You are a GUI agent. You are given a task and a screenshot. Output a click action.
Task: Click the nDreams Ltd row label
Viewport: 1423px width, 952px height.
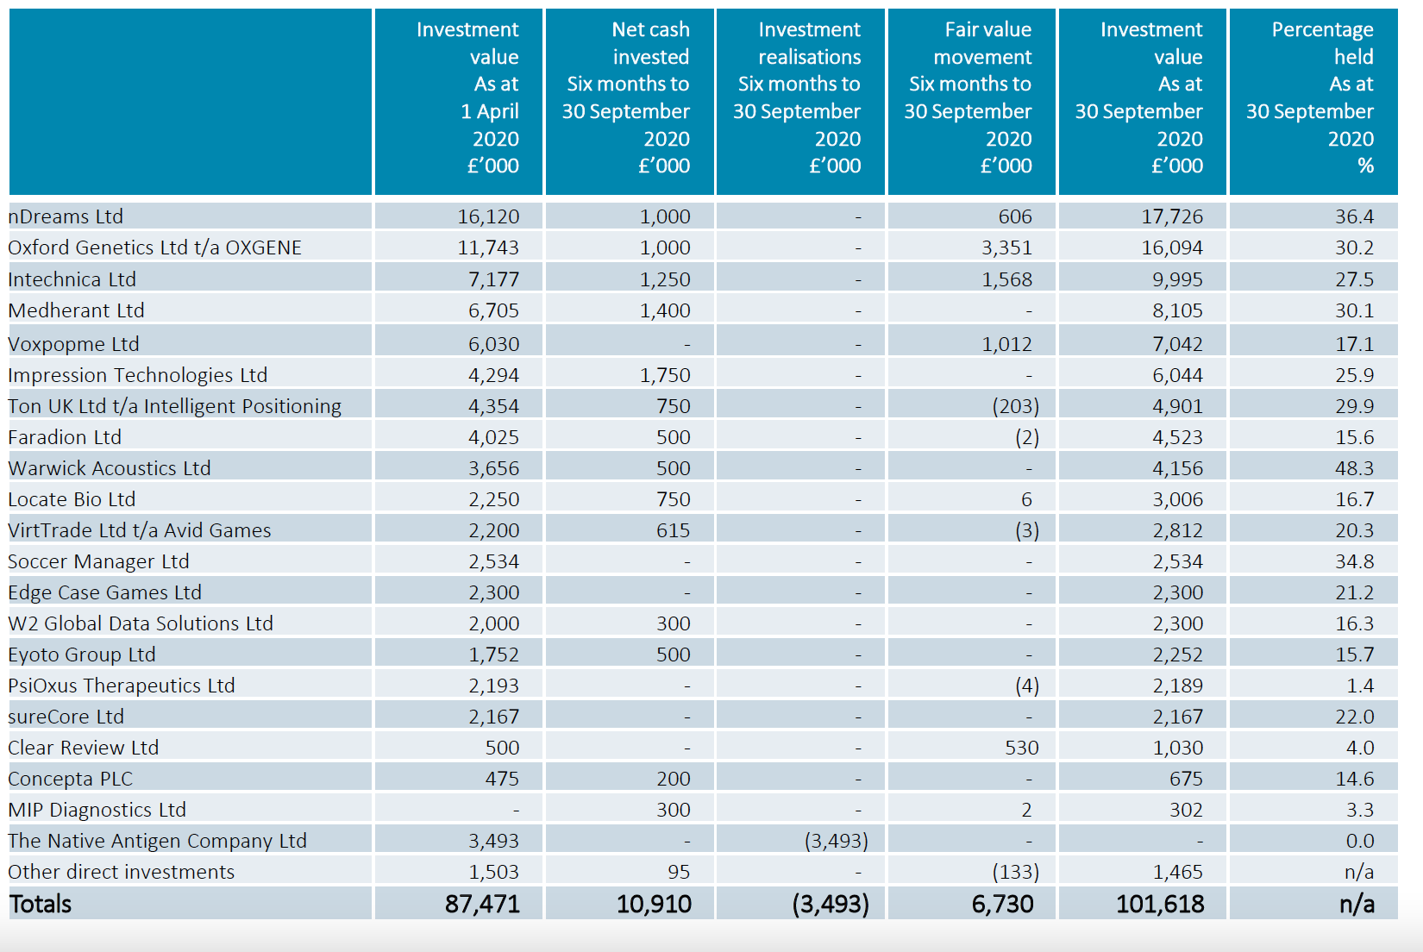[x=66, y=216]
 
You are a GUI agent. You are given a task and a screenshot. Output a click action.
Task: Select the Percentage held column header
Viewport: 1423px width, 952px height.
[x=1322, y=97]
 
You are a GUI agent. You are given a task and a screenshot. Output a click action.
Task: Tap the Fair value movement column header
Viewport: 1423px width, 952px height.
[x=970, y=97]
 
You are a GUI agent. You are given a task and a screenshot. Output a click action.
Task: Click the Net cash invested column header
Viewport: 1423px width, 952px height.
[x=626, y=97]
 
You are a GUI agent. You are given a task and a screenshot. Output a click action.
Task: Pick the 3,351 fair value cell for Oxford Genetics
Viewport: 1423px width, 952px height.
[x=1007, y=247]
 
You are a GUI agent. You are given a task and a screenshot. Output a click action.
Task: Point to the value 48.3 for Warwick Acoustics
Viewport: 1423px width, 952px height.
[x=1354, y=469]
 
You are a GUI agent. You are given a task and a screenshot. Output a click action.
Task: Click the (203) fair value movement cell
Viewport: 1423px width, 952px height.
[x=1015, y=406]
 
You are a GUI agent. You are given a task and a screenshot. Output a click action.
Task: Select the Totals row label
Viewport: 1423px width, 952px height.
[x=40, y=905]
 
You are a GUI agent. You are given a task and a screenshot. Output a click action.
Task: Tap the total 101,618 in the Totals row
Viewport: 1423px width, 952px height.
[x=1160, y=905]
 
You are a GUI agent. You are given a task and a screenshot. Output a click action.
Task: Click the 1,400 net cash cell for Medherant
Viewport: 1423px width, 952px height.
[x=664, y=310]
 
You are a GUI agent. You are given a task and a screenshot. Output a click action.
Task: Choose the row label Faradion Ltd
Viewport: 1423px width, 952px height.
[x=65, y=437]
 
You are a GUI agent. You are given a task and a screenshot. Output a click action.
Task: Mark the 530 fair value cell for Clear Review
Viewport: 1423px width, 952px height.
[x=1021, y=748]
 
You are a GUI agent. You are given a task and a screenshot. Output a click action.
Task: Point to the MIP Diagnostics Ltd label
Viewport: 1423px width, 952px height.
[x=97, y=811]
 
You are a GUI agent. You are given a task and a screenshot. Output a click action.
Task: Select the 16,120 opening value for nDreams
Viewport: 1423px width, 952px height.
[x=488, y=216]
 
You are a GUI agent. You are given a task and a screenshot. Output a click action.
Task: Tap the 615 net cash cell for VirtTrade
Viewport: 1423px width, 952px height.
[x=673, y=530]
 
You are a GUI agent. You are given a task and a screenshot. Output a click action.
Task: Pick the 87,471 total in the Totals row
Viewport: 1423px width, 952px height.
[x=482, y=905]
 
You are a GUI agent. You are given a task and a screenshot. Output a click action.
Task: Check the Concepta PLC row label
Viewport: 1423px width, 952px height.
[x=70, y=780]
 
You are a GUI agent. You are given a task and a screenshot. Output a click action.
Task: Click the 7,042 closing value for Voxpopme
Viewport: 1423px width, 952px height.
[x=1177, y=344]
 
